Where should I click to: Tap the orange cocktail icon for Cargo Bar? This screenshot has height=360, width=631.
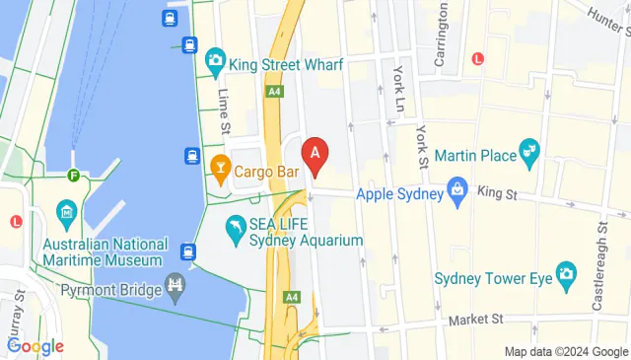(219, 172)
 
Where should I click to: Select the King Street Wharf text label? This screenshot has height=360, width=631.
(286, 65)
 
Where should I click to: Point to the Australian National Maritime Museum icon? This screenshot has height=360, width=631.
(67, 211)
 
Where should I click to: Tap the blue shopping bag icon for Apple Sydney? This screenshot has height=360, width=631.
(456, 188)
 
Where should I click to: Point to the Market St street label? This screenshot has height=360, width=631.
(474, 320)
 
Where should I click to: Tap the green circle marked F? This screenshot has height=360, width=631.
(73, 176)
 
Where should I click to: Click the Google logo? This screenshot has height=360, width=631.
(35, 346)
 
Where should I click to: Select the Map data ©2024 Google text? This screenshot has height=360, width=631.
(565, 351)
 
